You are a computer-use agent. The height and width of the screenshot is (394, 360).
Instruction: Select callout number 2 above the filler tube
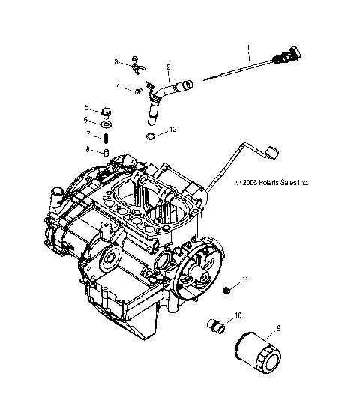pyautogui.click(x=168, y=67)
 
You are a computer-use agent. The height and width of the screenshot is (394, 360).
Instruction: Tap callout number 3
pyautogui.click(x=116, y=61)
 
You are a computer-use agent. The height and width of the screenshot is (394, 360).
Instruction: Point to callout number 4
pyautogui.click(x=118, y=86)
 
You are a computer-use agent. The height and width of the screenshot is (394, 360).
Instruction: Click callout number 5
pyautogui.click(x=87, y=108)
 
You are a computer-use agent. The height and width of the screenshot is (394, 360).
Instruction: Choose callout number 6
pyautogui.click(x=87, y=120)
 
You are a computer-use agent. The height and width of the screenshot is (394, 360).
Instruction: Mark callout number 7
pyautogui.click(x=87, y=134)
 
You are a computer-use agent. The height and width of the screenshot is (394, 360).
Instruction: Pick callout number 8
pyautogui.click(x=87, y=149)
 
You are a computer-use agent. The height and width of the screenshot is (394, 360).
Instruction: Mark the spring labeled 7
pyautogui.click(x=106, y=137)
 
